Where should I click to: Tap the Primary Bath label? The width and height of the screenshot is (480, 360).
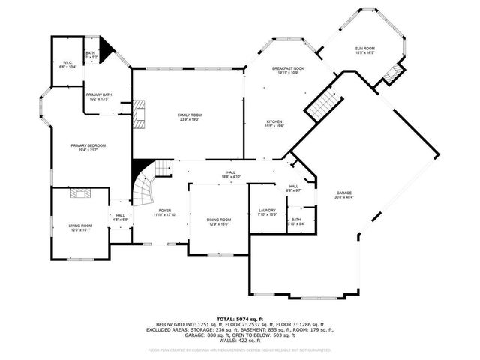(x=99, y=96)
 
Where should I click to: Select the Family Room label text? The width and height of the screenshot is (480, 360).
(x=188, y=117)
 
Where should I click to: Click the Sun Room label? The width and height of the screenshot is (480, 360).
(x=365, y=51)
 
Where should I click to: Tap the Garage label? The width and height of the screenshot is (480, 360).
(x=344, y=194)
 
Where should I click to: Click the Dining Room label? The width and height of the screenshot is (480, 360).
(x=219, y=221)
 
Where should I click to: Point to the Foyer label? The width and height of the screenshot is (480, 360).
(x=165, y=212)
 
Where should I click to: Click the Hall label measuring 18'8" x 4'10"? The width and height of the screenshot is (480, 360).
(x=230, y=175)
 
